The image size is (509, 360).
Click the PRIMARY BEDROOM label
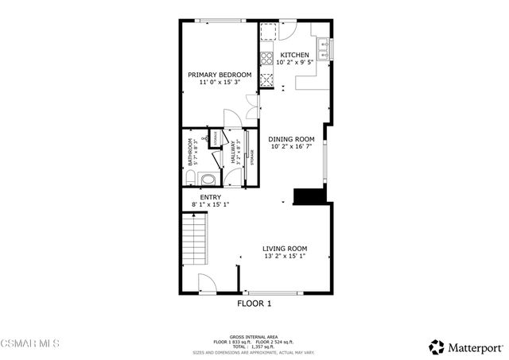(220, 75)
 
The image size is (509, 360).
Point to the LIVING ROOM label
(285, 248)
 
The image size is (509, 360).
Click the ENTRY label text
(211, 197)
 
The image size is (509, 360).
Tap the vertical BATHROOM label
(191, 152)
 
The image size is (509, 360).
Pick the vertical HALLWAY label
(234, 152)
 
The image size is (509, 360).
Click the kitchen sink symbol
(325, 51)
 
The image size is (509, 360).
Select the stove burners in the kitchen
(266, 79)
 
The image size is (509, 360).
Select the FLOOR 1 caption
(254, 304)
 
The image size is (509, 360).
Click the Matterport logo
(466, 346)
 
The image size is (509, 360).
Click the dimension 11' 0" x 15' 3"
(220, 83)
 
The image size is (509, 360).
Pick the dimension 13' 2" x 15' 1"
(285, 256)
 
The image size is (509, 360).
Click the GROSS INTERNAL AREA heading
(254, 337)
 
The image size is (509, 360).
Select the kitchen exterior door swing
(287, 28)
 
